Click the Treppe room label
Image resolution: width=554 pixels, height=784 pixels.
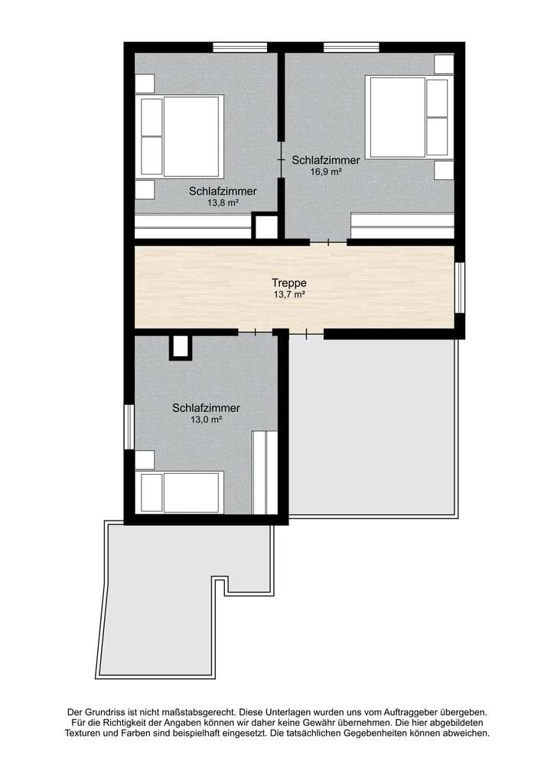[x=289, y=283]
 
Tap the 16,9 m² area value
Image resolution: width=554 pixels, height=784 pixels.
[x=326, y=172]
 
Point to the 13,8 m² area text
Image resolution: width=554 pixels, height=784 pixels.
[x=223, y=203]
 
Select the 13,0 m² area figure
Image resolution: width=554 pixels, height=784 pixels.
[x=207, y=420]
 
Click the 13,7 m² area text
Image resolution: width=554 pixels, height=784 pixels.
[x=289, y=295]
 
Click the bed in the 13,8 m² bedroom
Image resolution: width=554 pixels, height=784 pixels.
[x=180, y=136]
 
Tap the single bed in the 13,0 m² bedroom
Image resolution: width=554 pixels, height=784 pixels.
[x=180, y=492]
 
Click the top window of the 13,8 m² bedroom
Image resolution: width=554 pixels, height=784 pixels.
[x=240, y=47]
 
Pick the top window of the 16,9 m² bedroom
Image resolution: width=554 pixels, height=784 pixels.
[x=351, y=47]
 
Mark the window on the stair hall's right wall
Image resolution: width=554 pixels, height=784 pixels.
[x=460, y=288]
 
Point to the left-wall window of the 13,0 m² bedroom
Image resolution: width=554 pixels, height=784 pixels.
[x=129, y=427]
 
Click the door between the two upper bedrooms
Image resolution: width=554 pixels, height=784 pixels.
[x=282, y=159]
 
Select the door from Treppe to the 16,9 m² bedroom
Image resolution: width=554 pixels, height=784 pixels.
[x=329, y=243]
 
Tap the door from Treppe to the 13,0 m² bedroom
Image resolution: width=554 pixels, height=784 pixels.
[x=256, y=332]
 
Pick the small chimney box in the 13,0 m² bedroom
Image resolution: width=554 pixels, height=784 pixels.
[x=181, y=347]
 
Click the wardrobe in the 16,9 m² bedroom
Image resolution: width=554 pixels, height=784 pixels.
[x=402, y=226]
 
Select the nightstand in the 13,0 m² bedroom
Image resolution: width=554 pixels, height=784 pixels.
[x=145, y=460]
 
